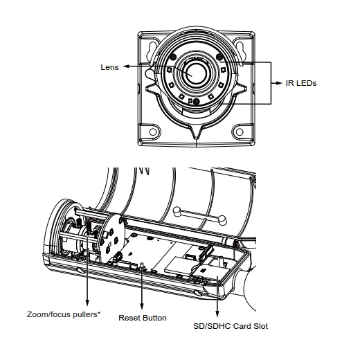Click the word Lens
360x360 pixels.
(x=109, y=67)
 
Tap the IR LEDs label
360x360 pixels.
(x=301, y=83)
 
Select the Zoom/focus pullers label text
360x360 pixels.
(x=64, y=314)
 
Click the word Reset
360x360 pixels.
(x=129, y=318)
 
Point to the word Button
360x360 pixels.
(x=154, y=318)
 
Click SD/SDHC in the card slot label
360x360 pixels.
(x=212, y=326)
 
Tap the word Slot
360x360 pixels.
(x=261, y=326)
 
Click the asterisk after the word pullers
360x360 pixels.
(x=99, y=313)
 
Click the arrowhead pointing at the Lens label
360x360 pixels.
(x=126, y=66)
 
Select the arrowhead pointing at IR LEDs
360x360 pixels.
(x=279, y=83)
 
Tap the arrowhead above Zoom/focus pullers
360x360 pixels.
(x=87, y=303)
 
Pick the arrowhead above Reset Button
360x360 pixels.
(x=142, y=306)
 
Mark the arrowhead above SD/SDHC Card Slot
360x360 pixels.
(x=217, y=314)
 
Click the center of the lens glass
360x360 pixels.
(x=196, y=74)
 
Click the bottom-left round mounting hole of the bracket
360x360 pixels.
(x=153, y=132)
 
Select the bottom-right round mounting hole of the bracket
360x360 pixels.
(x=240, y=132)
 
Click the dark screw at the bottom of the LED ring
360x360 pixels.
(x=196, y=101)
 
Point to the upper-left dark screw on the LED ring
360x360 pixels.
(x=173, y=57)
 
